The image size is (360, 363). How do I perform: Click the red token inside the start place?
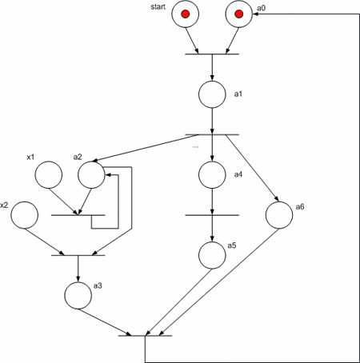185,14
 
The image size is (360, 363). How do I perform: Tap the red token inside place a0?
238,14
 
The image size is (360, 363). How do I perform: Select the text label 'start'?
158,6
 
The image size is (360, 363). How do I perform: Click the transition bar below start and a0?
212,54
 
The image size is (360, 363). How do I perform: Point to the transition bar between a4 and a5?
212,215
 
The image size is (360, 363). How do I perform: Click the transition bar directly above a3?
78,255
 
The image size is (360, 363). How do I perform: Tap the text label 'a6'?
300,207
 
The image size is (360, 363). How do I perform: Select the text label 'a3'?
98,285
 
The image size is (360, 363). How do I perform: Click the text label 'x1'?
30,157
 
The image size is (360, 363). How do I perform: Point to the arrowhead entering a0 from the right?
255,14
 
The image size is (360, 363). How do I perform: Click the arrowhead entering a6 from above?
277,198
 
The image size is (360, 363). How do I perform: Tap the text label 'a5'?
232,245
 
